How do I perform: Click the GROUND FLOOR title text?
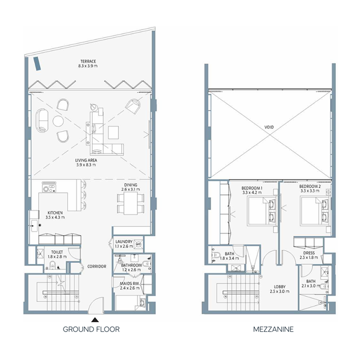point(91,329)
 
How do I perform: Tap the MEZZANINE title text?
point(273,329)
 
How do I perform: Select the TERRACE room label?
point(88,61)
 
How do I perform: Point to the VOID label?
point(269,127)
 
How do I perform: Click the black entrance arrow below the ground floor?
point(95,320)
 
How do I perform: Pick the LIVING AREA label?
point(86,160)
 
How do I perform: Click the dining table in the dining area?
point(130,203)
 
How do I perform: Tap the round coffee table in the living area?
point(58,121)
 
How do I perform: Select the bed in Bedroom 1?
point(262,211)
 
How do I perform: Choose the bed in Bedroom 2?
point(315,211)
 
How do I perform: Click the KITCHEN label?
point(55,213)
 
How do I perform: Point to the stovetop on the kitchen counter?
point(49,188)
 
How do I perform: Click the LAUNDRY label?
point(124,242)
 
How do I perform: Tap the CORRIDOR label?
point(97,266)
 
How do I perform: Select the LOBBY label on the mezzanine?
point(279,287)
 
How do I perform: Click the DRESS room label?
point(309,253)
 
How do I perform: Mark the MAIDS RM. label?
point(130,283)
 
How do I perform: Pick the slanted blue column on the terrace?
point(37,63)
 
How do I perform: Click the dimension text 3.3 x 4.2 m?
point(252,193)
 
